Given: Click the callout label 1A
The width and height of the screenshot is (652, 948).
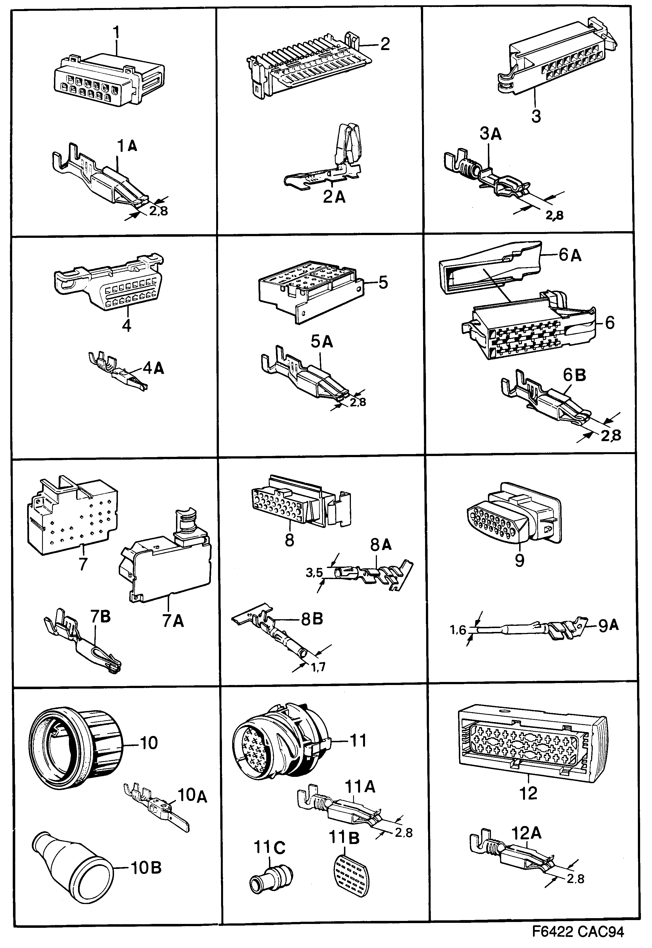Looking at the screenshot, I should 127,146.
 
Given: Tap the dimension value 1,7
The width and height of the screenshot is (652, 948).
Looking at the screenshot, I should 318,668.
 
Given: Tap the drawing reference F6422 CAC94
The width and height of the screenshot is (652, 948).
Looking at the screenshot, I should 578,932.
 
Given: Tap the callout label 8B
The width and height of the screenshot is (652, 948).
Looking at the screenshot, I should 312,619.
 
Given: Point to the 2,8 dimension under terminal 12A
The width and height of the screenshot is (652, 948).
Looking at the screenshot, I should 575,878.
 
